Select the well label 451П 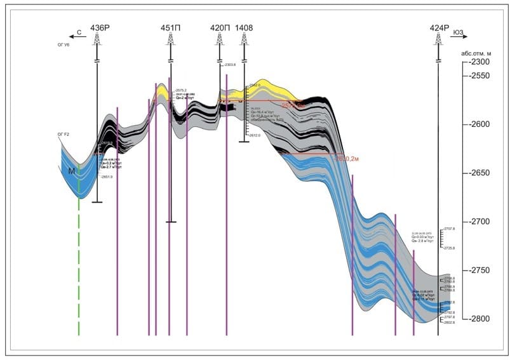click(x=170, y=28)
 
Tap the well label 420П click(x=220, y=28)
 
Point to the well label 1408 click(x=244, y=28)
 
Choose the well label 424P click(x=439, y=28)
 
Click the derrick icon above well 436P click(x=97, y=39)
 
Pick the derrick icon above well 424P click(x=438, y=39)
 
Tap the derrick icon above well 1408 click(x=244, y=39)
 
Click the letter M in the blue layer click(x=72, y=171)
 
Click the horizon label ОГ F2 click(x=63, y=135)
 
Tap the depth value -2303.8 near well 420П click(x=229, y=65)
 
